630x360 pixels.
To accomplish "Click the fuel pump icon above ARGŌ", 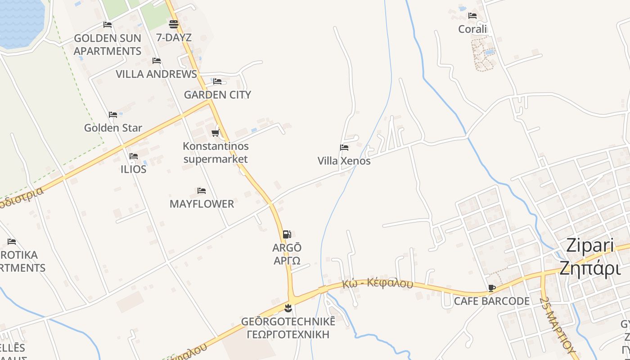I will click(287, 234).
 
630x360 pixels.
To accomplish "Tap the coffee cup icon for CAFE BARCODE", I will click(491, 288).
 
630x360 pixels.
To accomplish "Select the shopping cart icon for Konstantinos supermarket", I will click(216, 133).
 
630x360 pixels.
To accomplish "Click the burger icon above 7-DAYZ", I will click(174, 24).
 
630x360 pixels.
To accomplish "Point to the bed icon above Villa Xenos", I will click(344, 148).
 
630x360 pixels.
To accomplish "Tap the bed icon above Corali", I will click(472, 16).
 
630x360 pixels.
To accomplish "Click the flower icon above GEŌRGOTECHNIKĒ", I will click(288, 308).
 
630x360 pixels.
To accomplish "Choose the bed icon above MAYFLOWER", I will click(202, 191).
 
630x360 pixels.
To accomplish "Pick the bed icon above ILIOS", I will click(134, 156).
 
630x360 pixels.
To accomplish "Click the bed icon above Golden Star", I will click(113, 115).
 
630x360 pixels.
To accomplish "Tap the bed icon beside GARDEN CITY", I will click(217, 81).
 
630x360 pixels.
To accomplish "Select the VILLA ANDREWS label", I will click(156, 74).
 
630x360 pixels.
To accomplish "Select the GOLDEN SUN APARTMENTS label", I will click(108, 45).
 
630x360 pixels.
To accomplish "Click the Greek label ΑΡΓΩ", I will click(287, 261).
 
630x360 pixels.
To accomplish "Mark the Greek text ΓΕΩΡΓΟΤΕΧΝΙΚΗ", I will click(288, 334).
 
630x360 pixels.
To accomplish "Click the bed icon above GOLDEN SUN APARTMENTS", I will click(108, 25).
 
